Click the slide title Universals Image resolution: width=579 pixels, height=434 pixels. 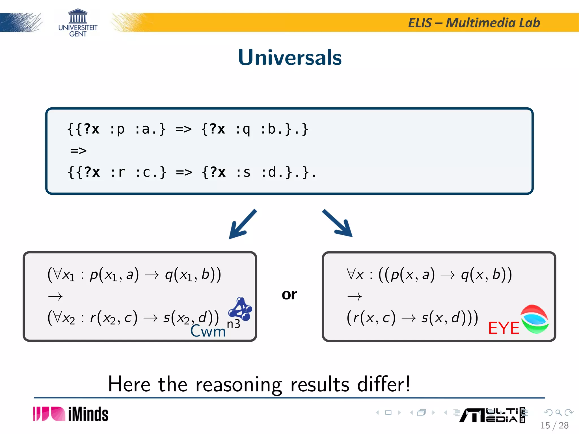coord(290,57)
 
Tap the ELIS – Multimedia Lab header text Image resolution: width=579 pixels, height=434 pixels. coord(474,23)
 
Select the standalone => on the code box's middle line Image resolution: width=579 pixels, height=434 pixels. coord(78,151)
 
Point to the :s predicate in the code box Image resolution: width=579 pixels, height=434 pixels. coord(243,172)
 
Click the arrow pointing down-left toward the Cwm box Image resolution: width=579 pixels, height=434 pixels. coord(242,224)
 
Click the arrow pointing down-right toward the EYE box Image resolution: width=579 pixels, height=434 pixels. coord(338,223)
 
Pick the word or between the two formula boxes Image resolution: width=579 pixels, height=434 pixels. coord(289,295)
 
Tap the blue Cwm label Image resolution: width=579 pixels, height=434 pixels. coord(208,331)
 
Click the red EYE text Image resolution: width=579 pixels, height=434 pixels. coord(504,328)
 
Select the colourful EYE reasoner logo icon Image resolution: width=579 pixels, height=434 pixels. coord(534,319)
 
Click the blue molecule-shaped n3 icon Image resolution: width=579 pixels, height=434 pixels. coord(240,309)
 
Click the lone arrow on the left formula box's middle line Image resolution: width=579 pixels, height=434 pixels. coord(55,296)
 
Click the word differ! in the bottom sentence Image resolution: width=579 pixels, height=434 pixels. coord(383,384)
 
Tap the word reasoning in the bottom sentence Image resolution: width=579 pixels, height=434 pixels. coord(239,385)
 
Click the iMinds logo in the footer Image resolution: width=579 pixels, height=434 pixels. coord(71,414)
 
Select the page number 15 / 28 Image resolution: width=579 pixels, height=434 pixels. coord(554,425)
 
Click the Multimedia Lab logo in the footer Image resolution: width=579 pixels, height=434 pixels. coord(492,415)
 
